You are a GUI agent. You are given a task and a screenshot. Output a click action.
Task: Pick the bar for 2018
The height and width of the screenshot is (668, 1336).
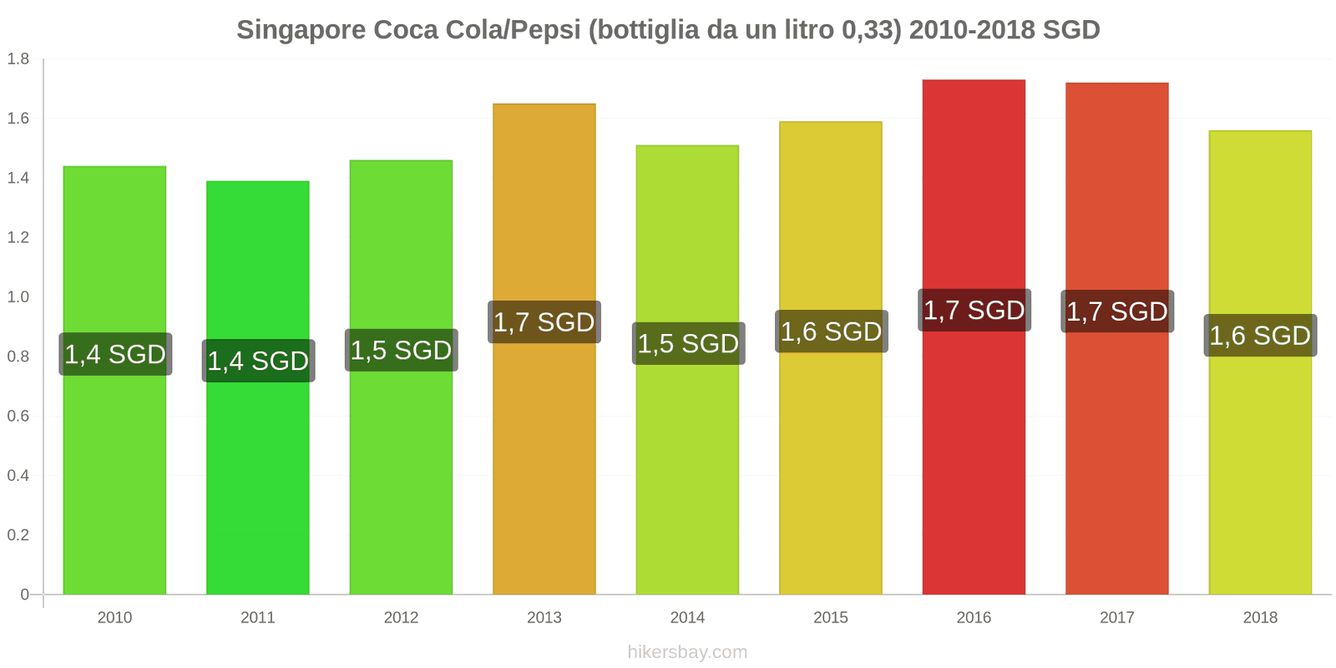[x=1260, y=468]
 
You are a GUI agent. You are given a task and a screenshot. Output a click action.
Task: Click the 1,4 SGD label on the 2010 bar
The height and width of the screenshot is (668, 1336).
[x=115, y=354]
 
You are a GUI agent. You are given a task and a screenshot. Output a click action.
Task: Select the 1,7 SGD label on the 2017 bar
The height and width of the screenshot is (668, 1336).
[x=1117, y=311]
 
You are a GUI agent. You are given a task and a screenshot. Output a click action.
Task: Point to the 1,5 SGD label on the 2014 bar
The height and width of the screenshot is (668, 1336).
[x=688, y=343]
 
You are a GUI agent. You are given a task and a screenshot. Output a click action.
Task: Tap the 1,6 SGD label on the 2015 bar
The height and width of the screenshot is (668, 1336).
[x=831, y=331]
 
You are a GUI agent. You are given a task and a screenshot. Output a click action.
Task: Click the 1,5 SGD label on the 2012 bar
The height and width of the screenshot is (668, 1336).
[x=401, y=350]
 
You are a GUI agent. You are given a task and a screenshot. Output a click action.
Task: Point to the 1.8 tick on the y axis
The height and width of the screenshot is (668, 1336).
[x=18, y=59]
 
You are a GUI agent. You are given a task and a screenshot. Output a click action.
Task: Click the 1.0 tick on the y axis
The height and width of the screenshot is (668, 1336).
[x=18, y=297]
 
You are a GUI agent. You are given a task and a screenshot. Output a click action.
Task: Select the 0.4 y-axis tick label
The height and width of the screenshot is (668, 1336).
[x=18, y=476]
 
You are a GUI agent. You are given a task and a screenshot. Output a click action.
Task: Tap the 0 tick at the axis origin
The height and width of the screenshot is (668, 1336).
[x=25, y=595]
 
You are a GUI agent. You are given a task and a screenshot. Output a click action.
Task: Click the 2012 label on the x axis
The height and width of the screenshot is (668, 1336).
[x=401, y=618]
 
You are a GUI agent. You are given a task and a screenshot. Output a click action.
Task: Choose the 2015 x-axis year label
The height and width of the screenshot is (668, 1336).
[x=831, y=618]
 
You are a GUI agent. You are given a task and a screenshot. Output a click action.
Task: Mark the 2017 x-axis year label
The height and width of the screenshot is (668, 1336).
[x=1117, y=618]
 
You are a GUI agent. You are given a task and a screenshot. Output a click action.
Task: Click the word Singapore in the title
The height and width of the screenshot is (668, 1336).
[x=301, y=30]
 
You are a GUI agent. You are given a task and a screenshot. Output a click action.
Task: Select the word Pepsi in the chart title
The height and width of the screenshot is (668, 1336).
[x=544, y=30]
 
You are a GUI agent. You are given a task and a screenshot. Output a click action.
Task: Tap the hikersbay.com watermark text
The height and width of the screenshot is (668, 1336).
[x=687, y=652]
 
